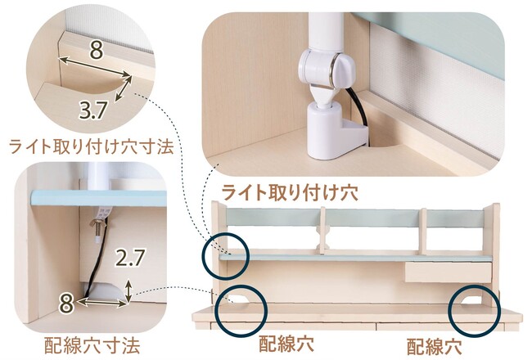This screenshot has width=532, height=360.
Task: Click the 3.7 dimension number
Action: [93, 110]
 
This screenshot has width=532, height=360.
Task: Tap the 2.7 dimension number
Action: [130, 258]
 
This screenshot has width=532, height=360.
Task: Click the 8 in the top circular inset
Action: [97, 51]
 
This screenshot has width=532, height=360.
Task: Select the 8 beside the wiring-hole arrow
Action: [66, 304]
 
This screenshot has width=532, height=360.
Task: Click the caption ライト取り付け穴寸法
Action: [92, 146]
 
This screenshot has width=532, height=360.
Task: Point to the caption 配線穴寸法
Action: [92, 345]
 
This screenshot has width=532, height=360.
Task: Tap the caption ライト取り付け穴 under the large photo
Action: [290, 192]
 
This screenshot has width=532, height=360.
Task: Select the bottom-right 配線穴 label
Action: [435, 346]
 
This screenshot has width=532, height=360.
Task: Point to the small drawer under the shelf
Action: [449, 272]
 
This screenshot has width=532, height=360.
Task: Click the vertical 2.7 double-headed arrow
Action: [128, 290]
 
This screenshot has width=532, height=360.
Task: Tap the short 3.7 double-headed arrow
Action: [124, 88]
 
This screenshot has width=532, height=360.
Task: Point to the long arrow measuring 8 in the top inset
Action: [95, 66]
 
